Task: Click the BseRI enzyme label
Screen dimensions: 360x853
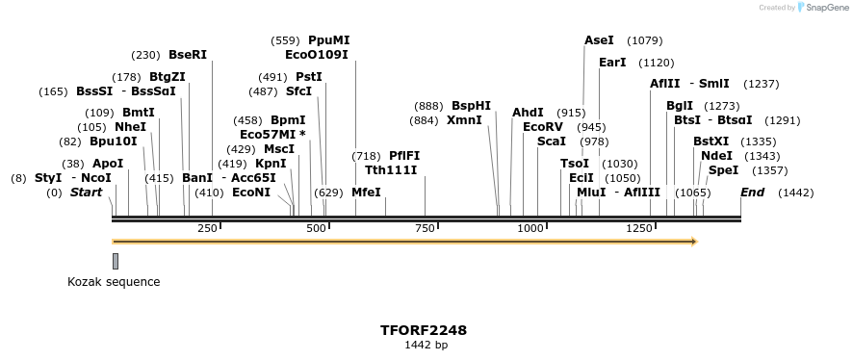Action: (188, 56)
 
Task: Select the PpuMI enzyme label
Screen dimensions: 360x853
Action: (328, 40)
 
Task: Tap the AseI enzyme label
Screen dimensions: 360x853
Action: (599, 40)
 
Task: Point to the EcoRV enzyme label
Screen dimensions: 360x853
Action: (542, 127)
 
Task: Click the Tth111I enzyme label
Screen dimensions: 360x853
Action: (391, 170)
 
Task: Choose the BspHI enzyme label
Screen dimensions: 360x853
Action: (471, 106)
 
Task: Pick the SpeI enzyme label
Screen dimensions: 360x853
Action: (723, 170)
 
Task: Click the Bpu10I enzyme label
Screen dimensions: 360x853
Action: (113, 141)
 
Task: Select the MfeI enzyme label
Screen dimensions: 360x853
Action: (366, 193)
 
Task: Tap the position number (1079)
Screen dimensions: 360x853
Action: (644, 41)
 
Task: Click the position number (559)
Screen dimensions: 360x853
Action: (285, 41)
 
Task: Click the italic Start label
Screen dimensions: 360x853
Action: (86, 193)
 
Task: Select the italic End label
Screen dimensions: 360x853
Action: (752, 193)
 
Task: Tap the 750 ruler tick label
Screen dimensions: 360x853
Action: (425, 228)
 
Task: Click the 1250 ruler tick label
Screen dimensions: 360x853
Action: (640, 228)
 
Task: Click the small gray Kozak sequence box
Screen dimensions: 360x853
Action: (116, 261)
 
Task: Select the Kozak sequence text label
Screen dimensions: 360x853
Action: (114, 282)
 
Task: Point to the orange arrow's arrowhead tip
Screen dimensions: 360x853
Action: (695, 241)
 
